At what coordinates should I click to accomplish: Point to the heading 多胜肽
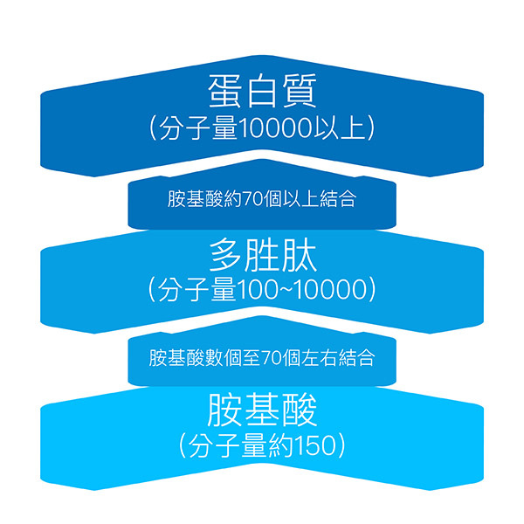click(262, 255)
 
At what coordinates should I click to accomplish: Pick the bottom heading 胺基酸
click(262, 411)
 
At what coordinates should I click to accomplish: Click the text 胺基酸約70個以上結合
click(262, 199)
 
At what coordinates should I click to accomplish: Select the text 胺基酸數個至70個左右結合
click(262, 357)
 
